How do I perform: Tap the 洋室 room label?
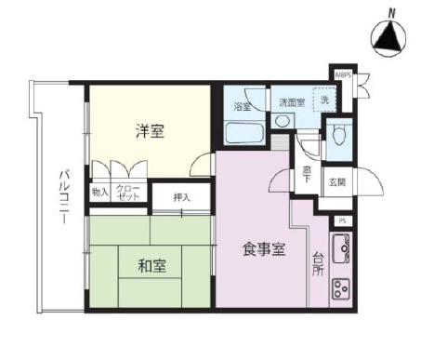151,131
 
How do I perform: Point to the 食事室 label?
263,249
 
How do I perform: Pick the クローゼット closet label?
128,193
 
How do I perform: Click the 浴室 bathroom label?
242,105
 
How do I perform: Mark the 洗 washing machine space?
324,99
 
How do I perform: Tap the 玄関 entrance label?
336,181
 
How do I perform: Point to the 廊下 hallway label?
307,173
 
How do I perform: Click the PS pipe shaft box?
342,220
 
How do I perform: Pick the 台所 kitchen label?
318,262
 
